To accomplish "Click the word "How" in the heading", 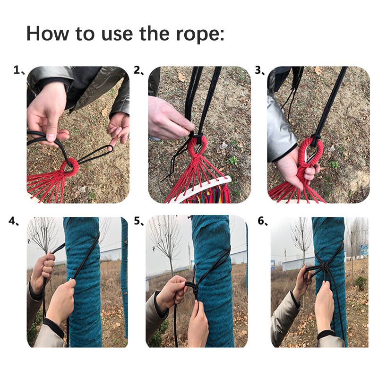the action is click(48, 33).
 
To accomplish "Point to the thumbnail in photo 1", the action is click(51, 137).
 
